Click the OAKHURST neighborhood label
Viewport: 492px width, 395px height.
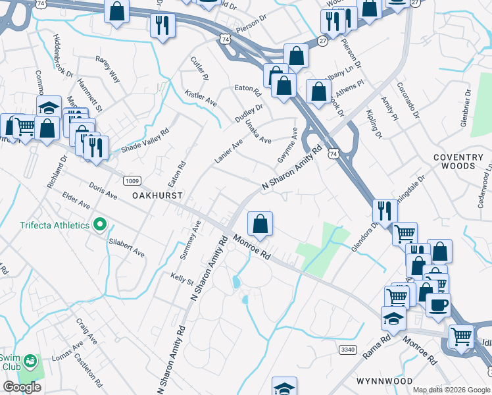(x=157, y=196)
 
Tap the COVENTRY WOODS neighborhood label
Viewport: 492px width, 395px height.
(x=463, y=161)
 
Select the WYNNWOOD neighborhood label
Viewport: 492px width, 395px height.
(x=384, y=381)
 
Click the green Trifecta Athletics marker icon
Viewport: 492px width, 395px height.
(x=100, y=225)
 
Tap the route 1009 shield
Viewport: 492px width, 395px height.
(x=130, y=180)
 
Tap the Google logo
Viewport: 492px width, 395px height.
(x=22, y=387)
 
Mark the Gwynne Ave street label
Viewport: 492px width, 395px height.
(x=288, y=148)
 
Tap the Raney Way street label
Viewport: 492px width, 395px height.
(x=108, y=68)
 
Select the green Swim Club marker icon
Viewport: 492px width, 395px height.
(x=29, y=361)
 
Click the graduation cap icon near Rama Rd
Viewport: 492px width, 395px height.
(x=393, y=318)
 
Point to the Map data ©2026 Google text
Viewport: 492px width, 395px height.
(x=451, y=390)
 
